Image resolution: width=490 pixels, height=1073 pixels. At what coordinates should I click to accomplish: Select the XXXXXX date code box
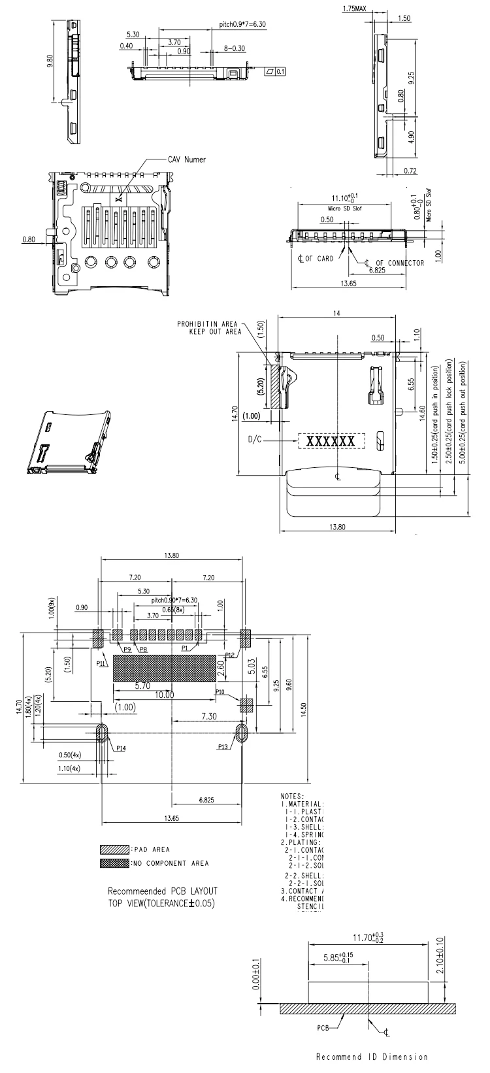(331, 441)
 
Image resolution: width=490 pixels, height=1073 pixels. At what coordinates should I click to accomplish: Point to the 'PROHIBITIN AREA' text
(207, 324)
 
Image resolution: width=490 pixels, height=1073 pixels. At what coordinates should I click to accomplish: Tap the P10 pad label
(220, 692)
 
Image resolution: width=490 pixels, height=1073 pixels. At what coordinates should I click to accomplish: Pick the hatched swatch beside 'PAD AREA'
(110, 850)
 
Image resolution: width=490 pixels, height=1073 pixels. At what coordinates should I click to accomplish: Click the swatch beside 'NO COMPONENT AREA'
(110, 863)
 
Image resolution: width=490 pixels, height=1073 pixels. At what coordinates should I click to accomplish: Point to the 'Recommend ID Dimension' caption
(372, 1057)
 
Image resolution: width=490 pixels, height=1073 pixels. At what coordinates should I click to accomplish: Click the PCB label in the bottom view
(323, 1027)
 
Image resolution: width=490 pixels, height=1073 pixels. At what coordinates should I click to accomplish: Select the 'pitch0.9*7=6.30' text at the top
(242, 24)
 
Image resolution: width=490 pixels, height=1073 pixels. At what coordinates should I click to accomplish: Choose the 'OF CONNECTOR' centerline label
(399, 263)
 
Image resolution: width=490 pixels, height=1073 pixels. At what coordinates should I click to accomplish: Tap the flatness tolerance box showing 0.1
(275, 71)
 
